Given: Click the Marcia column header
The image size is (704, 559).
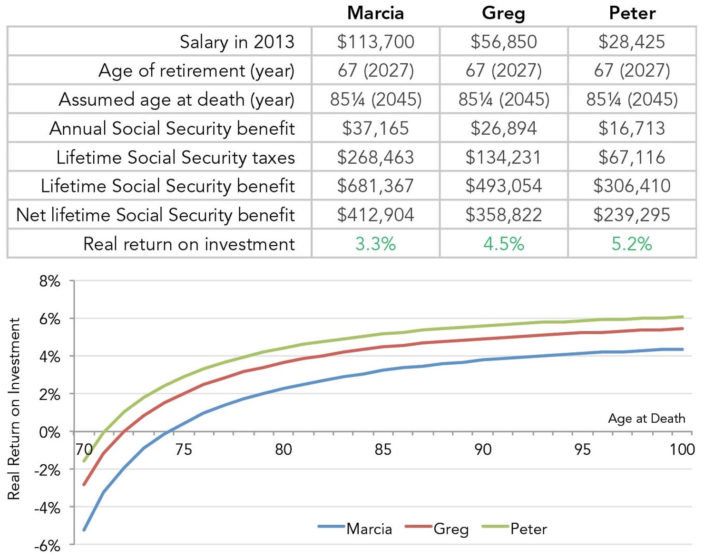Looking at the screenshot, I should pyautogui.click(x=375, y=13).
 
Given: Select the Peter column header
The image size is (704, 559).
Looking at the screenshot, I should pyautogui.click(x=632, y=13).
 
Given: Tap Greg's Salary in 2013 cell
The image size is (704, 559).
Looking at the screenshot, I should pyautogui.click(x=503, y=42).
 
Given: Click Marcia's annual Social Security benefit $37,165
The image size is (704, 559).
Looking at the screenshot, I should pyautogui.click(x=375, y=128).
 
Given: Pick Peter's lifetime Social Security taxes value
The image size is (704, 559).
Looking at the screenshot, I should pyautogui.click(x=632, y=157).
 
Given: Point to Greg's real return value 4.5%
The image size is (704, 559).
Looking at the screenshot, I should pyautogui.click(x=503, y=244).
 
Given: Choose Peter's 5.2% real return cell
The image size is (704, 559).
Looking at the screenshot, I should pyautogui.click(x=632, y=244).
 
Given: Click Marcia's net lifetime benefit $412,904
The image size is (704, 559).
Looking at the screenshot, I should pyautogui.click(x=375, y=215).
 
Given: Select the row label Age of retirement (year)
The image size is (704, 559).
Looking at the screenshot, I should pyautogui.click(x=196, y=71).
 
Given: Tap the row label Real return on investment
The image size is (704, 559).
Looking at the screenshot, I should pyautogui.click(x=189, y=244).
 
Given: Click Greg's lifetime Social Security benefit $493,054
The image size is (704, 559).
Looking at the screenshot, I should pyautogui.click(x=503, y=186).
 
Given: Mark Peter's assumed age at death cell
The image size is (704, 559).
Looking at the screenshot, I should pyautogui.click(x=632, y=100).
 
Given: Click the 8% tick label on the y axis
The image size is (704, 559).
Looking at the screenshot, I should pyautogui.click(x=49, y=281).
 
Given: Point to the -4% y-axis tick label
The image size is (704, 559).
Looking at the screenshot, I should pyautogui.click(x=47, y=508).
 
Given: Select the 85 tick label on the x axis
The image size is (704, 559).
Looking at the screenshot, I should pyautogui.click(x=383, y=449).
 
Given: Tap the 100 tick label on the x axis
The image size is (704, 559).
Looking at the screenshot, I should pyautogui.click(x=682, y=449).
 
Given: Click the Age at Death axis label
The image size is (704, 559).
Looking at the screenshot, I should pyautogui.click(x=646, y=419).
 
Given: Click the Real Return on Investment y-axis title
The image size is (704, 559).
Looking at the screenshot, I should pyautogui.click(x=14, y=409).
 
